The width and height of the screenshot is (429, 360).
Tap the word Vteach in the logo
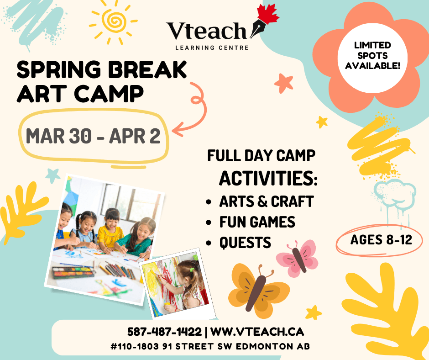point(206,32)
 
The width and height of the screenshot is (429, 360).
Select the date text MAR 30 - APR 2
point(93,136)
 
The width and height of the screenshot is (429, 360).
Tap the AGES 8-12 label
point(381,239)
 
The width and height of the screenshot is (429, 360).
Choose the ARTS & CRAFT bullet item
point(266,201)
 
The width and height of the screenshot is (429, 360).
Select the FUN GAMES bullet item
point(257,222)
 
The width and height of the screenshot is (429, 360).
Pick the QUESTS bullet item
point(245,243)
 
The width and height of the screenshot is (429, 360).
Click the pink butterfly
point(298,256)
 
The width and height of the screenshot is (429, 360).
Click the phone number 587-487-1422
point(164,331)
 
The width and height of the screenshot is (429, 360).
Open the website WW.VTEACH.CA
point(257,331)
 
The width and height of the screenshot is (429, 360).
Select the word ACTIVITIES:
point(268,178)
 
